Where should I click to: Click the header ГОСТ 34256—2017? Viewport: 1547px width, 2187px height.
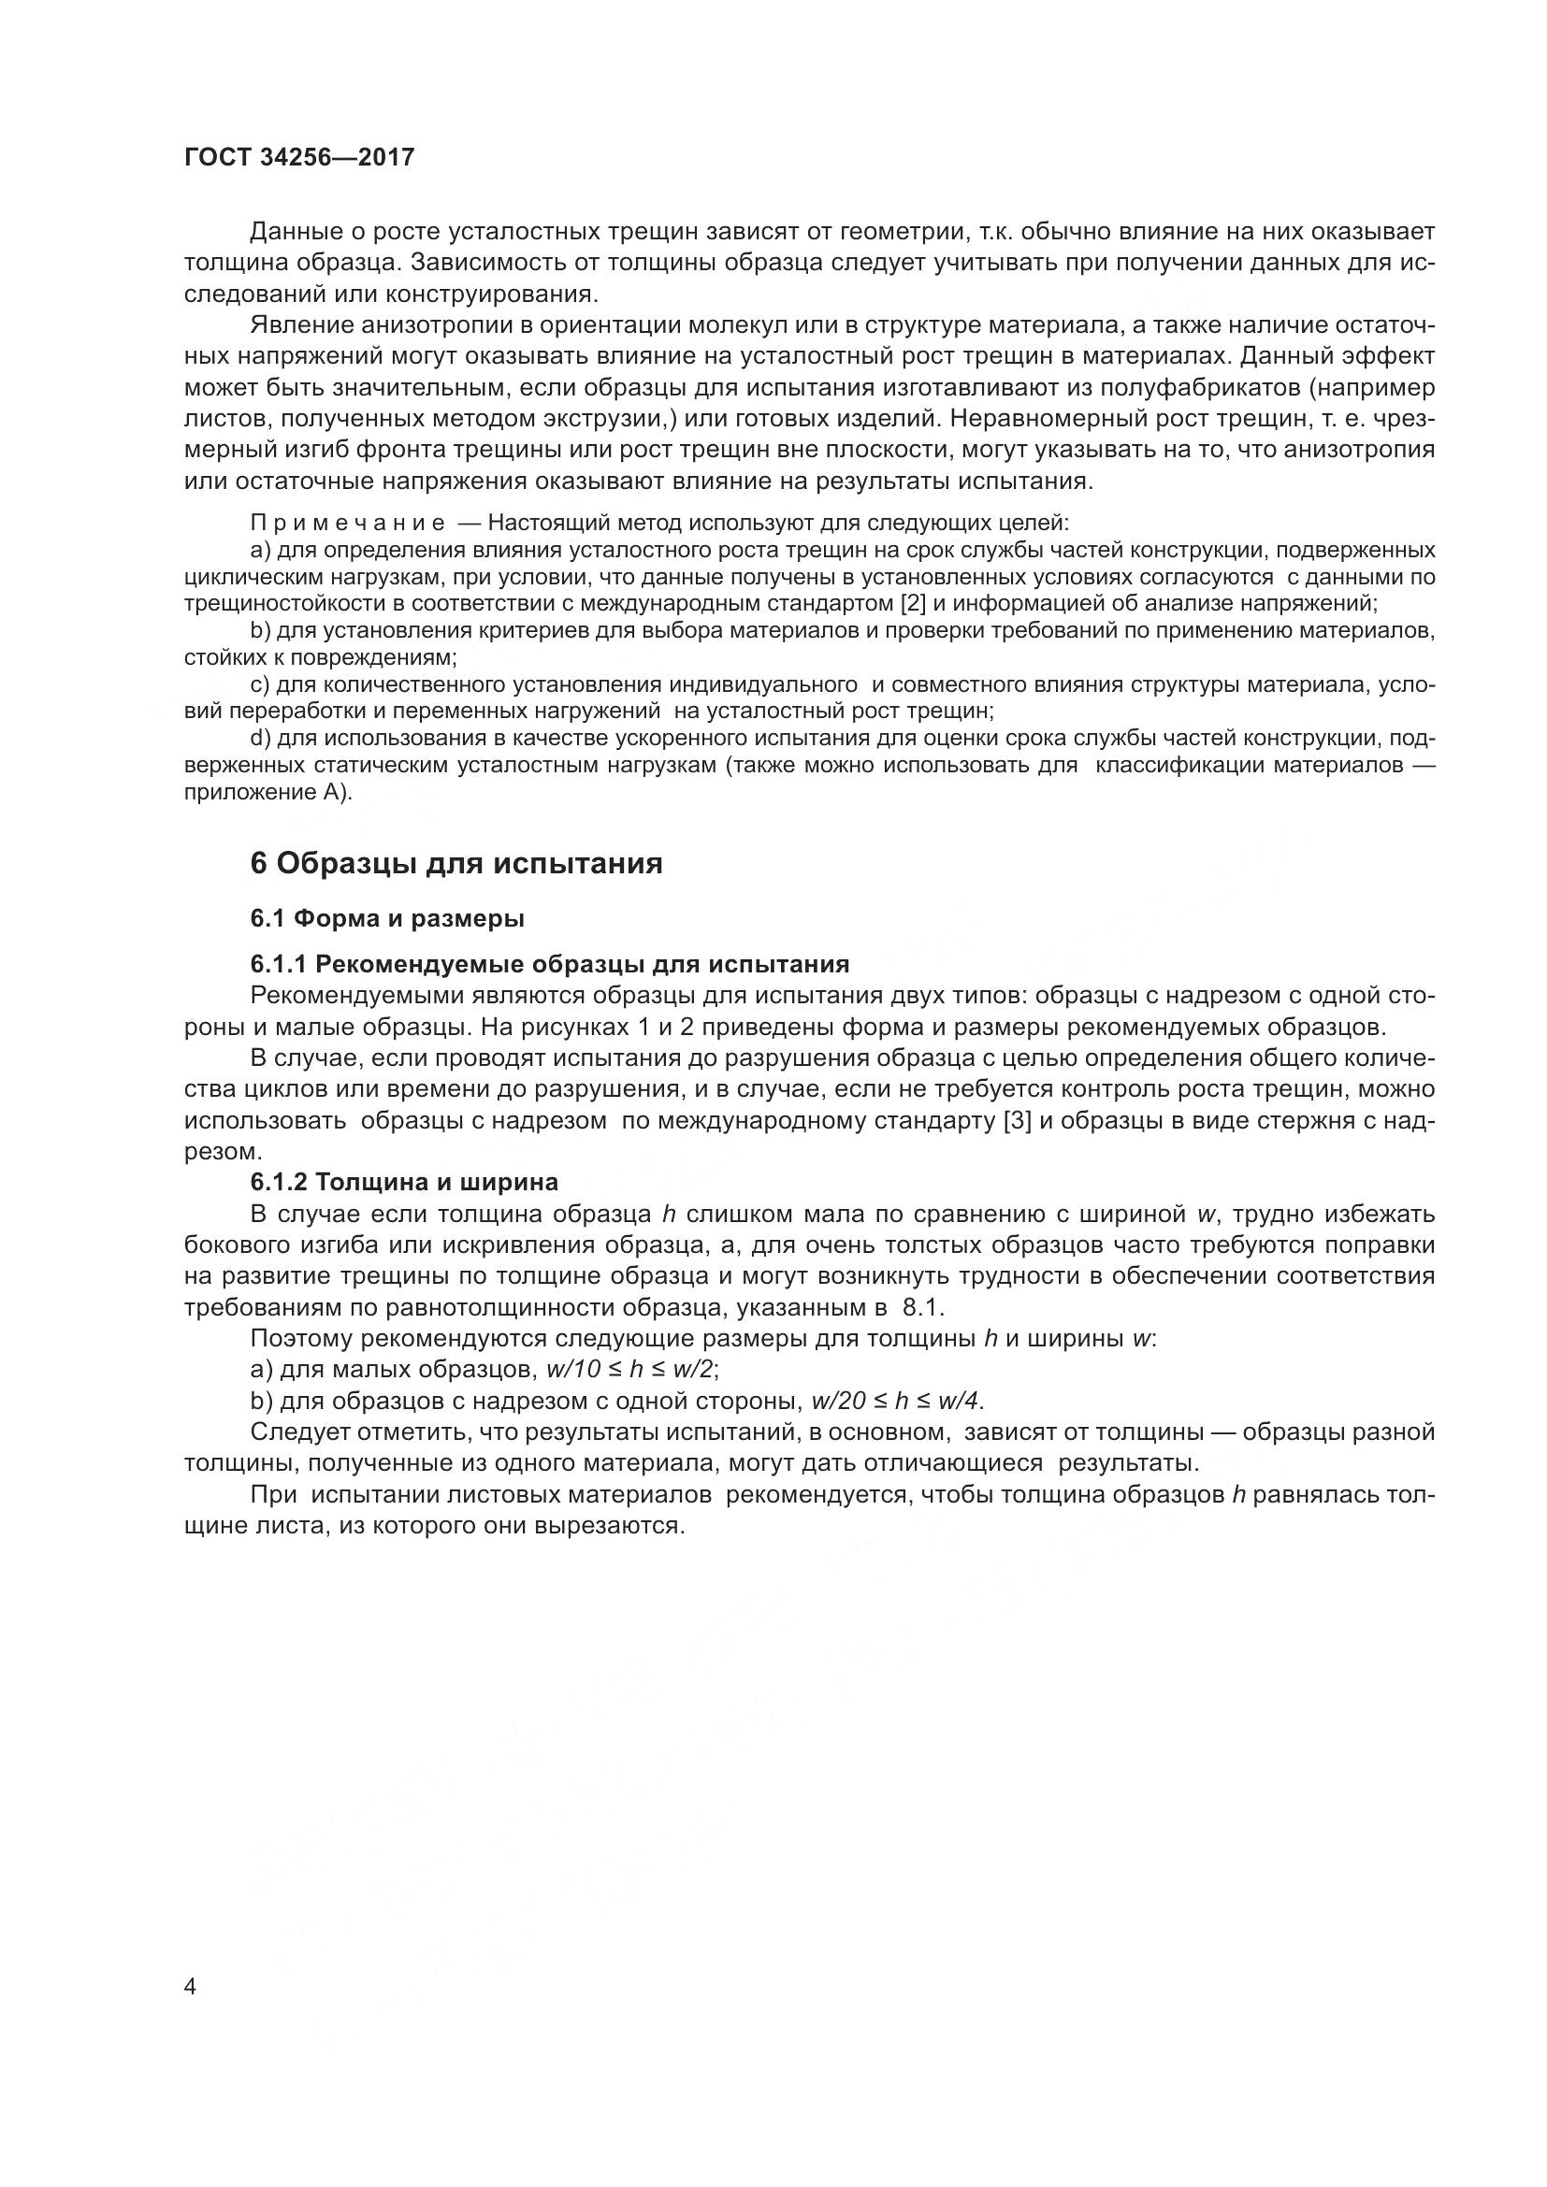click(x=299, y=158)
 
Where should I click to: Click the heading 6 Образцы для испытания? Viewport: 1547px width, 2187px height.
click(x=456, y=863)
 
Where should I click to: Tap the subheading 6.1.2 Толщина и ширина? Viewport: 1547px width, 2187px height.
click(x=404, y=1182)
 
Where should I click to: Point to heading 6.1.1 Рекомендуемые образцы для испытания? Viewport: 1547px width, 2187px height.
click(x=550, y=964)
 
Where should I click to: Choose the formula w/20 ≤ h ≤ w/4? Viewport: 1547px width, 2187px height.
click(x=895, y=1402)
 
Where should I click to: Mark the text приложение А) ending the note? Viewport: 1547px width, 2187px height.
click(x=267, y=793)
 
